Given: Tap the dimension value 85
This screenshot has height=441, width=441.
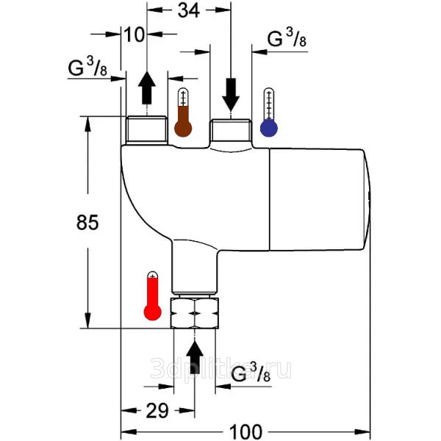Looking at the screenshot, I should coord(87,223).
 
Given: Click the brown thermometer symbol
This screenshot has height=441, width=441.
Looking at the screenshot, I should coord(182,114).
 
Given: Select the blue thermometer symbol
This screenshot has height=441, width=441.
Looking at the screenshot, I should coord(269,114).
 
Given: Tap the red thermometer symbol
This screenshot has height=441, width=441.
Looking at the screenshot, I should coord(153,296).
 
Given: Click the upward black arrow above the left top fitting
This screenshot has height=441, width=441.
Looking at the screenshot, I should coord(147,87).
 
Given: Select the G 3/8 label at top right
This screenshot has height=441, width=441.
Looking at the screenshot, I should coord(287,40).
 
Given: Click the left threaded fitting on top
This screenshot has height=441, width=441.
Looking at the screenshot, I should coord(147,131).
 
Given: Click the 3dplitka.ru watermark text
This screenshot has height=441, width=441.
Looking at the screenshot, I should coord(220,368).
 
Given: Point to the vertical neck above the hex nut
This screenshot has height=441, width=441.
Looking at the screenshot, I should coord(195,268).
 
